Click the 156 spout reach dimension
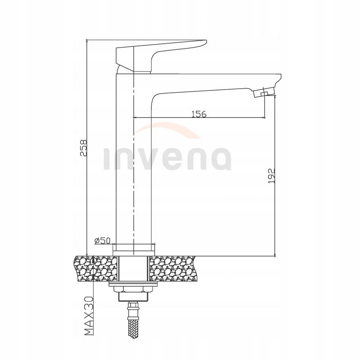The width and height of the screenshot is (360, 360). tap(198, 114)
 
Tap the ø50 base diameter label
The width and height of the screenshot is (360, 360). tap(103, 241)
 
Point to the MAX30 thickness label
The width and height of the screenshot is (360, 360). tap(88, 318)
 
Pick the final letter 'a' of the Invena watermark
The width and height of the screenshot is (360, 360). tap(220, 159)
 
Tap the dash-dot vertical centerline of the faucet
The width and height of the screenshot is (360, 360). tap(134, 202)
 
